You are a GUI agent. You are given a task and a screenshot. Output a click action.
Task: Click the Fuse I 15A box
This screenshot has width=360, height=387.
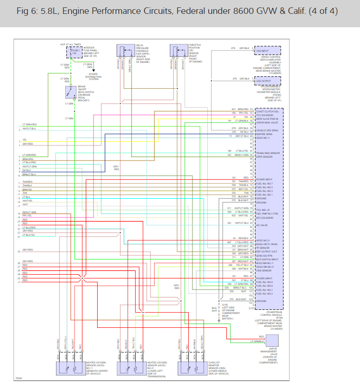(74, 52)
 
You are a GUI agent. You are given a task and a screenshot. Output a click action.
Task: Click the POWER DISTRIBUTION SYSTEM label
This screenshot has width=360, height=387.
(93, 76)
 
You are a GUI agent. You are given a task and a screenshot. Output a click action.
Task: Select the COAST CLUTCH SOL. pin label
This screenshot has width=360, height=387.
(267, 111)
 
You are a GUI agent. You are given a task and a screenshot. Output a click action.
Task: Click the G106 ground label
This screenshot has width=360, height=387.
(225, 305)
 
